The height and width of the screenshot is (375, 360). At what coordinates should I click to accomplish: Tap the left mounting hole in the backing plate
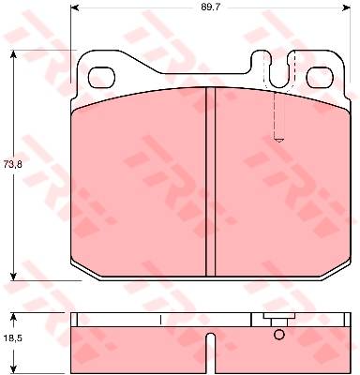pyautogui.click(x=102, y=78)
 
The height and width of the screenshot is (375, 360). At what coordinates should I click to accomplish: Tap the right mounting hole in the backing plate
pyautogui.click(x=320, y=78)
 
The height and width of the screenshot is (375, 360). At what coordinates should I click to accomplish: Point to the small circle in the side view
pyautogui.click(x=279, y=335)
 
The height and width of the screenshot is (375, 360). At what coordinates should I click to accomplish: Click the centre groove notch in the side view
pyautogui.click(x=211, y=354)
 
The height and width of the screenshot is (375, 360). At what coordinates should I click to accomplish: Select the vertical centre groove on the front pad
pyautogui.click(x=211, y=182)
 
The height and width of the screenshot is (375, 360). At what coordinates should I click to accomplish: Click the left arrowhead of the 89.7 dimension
pyautogui.click(x=75, y=7)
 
